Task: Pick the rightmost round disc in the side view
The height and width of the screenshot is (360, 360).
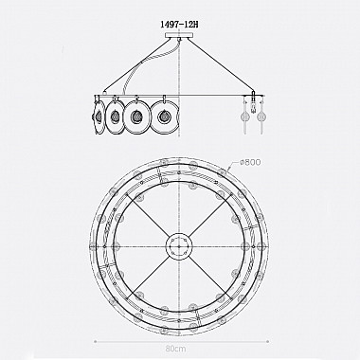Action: pyautogui.click(x=165, y=117)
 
